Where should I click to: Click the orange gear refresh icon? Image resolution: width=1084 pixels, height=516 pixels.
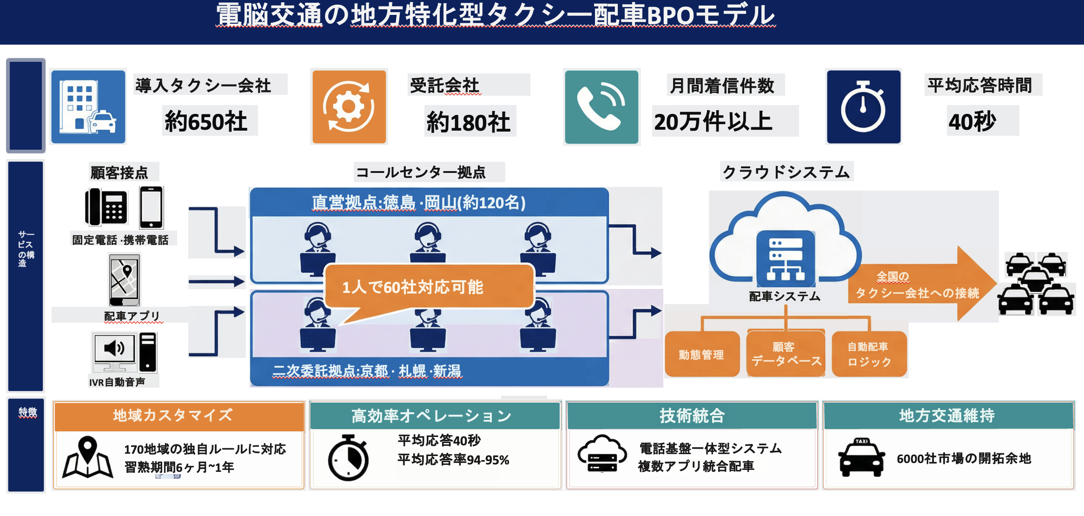pyautogui.click(x=349, y=106)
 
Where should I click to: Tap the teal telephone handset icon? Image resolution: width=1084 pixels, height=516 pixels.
pyautogui.click(x=601, y=107)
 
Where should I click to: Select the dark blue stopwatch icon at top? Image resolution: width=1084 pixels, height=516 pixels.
pyautogui.click(x=863, y=107)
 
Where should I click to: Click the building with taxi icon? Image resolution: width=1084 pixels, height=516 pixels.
pyautogui.click(x=88, y=107)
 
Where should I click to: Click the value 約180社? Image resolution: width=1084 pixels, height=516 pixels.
pyautogui.click(x=469, y=122)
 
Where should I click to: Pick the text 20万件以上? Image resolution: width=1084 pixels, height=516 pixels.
pyautogui.click(x=713, y=122)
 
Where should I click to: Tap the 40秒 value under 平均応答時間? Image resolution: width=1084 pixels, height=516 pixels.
pyautogui.click(x=972, y=122)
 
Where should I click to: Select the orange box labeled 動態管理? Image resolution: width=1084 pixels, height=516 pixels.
pyautogui.click(x=701, y=355)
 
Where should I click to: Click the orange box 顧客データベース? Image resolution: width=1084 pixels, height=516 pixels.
pyautogui.click(x=786, y=354)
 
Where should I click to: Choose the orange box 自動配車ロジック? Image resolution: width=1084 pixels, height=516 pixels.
pyautogui.click(x=869, y=354)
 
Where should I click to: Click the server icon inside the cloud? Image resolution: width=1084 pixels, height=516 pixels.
pyautogui.click(x=786, y=258)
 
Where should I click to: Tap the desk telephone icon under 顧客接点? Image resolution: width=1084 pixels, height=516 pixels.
pyautogui.click(x=106, y=207)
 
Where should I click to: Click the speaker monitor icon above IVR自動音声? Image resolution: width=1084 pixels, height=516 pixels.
pyautogui.click(x=115, y=351)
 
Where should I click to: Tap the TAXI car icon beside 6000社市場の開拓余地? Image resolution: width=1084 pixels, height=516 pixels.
pyautogui.click(x=861, y=457)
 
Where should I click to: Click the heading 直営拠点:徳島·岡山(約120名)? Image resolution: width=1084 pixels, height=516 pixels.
pyautogui.click(x=418, y=203)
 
